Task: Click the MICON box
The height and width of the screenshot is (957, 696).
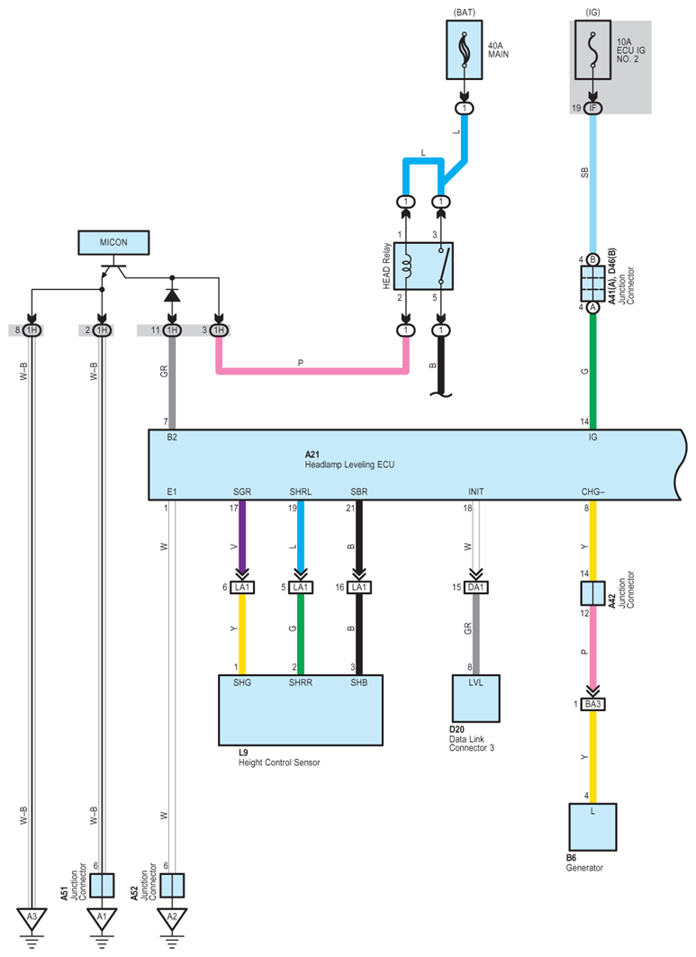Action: (x=113, y=242)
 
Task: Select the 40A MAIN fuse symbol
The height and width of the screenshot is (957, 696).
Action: (x=464, y=50)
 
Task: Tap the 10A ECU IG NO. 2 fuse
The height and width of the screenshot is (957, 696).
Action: (x=592, y=50)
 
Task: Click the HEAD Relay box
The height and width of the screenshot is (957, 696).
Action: (x=423, y=266)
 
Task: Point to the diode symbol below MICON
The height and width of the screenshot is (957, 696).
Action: (x=172, y=296)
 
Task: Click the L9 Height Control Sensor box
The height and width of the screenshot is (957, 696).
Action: (x=301, y=709)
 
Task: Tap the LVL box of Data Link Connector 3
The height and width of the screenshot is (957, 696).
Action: (x=475, y=699)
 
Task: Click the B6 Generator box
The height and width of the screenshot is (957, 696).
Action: (x=592, y=827)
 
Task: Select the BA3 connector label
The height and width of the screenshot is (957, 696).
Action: (x=592, y=704)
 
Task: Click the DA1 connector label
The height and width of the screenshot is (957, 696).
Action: (x=475, y=587)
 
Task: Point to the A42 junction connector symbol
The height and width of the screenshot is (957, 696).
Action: (x=592, y=593)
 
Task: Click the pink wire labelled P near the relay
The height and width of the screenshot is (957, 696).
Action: (x=312, y=371)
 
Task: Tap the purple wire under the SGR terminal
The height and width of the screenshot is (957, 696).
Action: (x=242, y=536)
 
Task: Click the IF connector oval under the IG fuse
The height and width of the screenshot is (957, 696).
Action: (x=592, y=108)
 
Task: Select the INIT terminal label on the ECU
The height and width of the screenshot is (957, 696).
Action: (x=475, y=492)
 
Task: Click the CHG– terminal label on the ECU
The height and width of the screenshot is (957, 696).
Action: (x=592, y=492)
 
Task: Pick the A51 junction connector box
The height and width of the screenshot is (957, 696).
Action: (x=102, y=885)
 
